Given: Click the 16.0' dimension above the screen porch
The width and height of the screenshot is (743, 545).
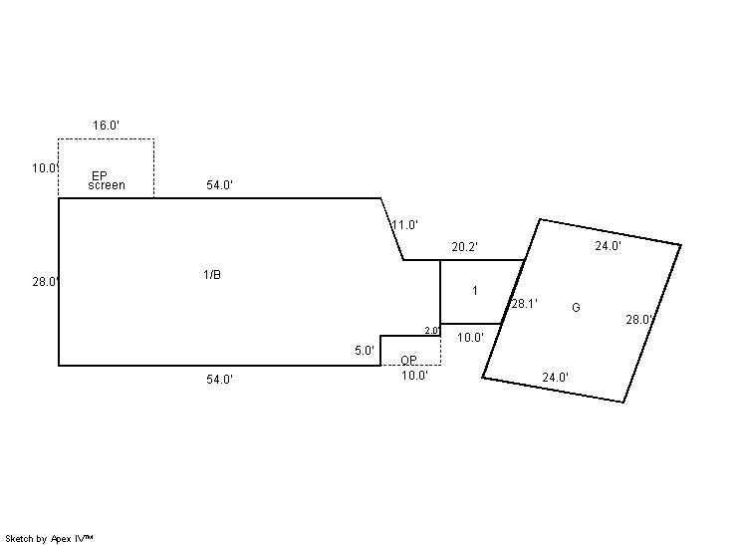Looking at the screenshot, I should point(107,126).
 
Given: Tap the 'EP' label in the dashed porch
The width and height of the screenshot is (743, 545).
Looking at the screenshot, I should point(100,175).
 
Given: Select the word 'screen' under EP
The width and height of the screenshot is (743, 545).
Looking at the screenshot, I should point(107,185).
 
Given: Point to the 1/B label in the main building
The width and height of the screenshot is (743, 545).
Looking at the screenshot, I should point(211,275).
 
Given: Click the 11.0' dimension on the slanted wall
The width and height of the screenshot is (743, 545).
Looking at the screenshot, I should point(404,225).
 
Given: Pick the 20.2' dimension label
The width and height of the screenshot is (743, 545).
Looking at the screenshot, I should point(465,247).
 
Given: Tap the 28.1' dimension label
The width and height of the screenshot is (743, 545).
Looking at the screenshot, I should point(524,304).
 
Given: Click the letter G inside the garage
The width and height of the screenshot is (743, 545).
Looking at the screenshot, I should point(576,308).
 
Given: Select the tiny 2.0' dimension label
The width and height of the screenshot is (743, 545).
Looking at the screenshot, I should point(432,331).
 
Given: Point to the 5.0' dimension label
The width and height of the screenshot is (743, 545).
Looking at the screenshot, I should point(365,351).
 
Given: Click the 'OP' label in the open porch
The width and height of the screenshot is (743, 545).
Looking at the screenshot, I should point(408,360).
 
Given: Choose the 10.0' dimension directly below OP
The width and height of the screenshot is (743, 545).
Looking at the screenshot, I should point(414,376).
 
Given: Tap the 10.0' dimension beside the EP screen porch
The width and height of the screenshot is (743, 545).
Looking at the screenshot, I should point(45,168).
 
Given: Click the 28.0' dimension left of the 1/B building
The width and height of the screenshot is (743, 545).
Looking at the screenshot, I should point(45,282).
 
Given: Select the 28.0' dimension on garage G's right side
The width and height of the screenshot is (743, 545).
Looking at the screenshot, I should point(638,320).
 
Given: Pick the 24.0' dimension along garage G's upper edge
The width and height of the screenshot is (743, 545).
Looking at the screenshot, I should point(609,245).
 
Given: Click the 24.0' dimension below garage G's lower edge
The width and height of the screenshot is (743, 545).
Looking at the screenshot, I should point(555,378).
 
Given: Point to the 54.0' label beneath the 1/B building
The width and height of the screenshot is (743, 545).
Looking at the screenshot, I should point(220,380).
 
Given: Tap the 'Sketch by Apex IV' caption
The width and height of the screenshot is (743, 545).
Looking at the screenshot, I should point(50,538).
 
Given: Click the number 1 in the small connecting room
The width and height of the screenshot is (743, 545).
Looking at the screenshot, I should point(475,291).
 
